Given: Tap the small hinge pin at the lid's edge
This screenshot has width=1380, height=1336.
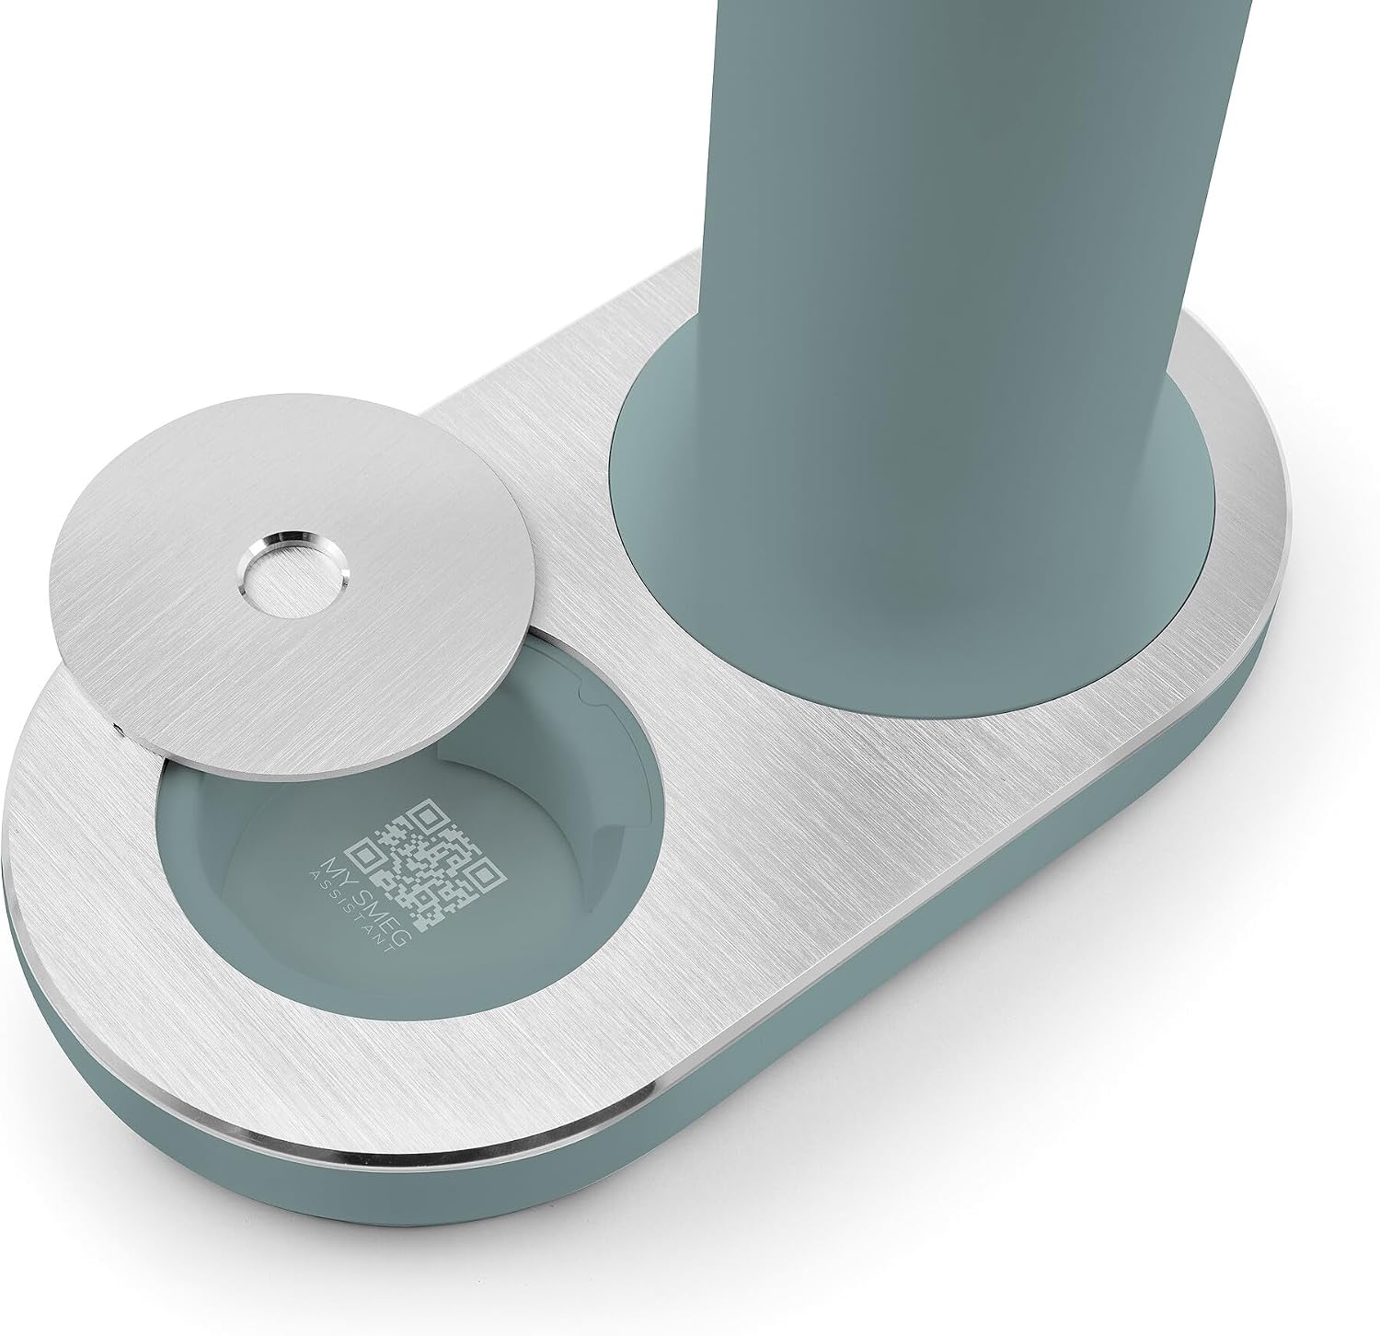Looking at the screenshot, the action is [x=121, y=730].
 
